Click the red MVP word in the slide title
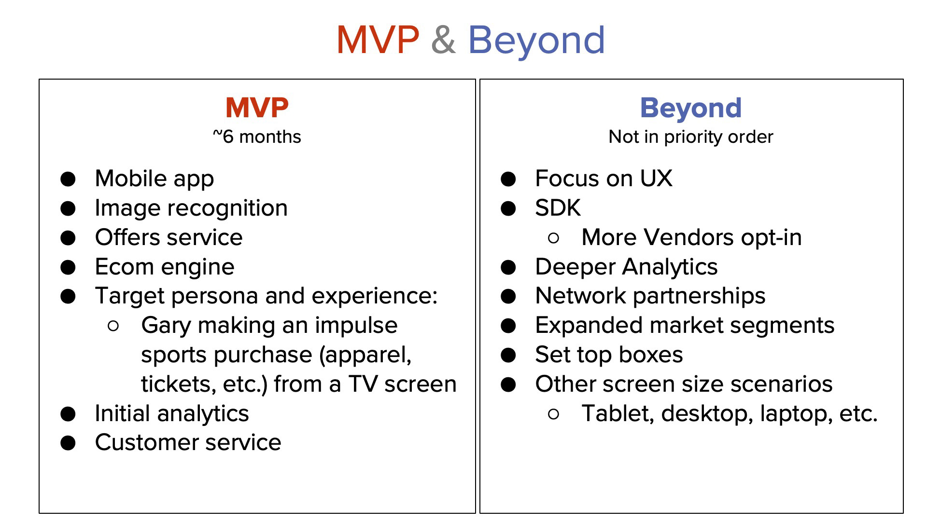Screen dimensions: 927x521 click(x=378, y=40)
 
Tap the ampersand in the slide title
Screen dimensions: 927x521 click(x=443, y=40)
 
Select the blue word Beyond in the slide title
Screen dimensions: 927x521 click(x=536, y=40)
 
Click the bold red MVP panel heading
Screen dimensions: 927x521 click(x=257, y=108)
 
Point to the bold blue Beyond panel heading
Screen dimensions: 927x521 click(x=691, y=108)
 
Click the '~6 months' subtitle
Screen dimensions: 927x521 click(x=257, y=137)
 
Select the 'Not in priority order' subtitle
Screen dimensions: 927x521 click(x=691, y=137)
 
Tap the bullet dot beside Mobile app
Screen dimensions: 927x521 click(x=68, y=179)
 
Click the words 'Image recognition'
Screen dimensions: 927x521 click(x=191, y=208)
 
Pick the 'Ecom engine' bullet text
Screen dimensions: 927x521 click(x=165, y=267)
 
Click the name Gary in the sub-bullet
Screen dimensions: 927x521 click(x=166, y=326)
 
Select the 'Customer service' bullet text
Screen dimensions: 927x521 click(x=188, y=442)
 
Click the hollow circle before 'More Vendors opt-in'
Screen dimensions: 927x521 click(x=554, y=237)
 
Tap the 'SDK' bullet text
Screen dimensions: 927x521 click(x=558, y=208)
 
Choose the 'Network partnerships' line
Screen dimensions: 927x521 click(x=650, y=296)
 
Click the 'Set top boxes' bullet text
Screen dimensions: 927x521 click(x=609, y=355)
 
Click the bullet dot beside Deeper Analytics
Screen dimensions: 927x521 click(x=508, y=267)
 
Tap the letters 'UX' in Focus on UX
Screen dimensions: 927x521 click(x=656, y=178)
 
